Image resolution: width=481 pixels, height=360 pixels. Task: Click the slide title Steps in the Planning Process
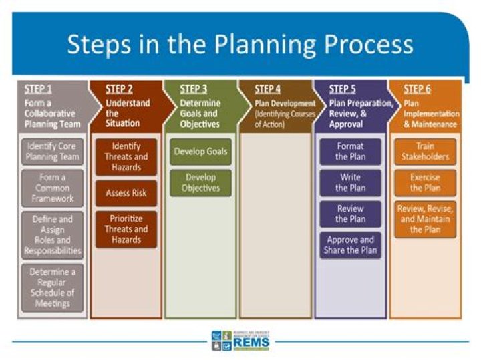[240, 44]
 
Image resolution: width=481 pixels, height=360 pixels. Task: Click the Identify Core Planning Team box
[52, 152]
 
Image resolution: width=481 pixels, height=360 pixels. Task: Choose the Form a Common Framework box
[52, 188]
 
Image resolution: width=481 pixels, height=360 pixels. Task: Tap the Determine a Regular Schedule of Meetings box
[52, 287]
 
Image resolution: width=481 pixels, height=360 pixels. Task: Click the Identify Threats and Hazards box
[126, 157]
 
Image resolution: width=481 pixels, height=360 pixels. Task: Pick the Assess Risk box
[126, 193]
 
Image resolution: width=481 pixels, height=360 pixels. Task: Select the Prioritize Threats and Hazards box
[126, 230]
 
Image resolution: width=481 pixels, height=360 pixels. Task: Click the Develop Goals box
[200, 152]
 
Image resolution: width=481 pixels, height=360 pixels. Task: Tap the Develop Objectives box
[200, 183]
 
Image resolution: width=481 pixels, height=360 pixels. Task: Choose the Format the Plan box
[351, 152]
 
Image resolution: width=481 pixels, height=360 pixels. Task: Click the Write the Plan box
[351, 183]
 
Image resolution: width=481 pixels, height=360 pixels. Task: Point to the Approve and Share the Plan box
[351, 246]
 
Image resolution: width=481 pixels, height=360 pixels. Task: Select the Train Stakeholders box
[425, 152]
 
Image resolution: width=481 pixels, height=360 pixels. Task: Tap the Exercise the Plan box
[425, 183]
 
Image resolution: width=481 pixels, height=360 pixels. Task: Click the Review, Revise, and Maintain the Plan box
[425, 219]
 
